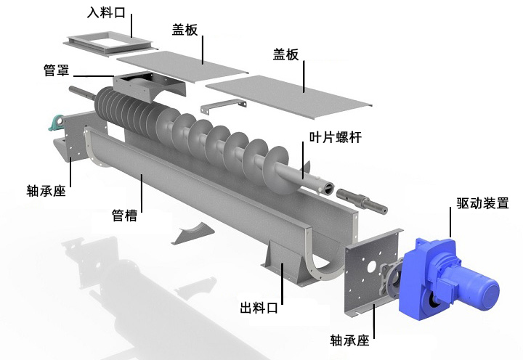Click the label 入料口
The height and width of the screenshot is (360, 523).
click(x=106, y=12)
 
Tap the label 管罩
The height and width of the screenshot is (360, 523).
click(x=57, y=70)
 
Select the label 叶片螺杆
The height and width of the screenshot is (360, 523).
click(x=335, y=137)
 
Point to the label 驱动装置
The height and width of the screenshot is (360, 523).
click(x=482, y=202)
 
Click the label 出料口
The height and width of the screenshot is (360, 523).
click(x=259, y=307)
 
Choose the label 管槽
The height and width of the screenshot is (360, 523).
click(x=124, y=216)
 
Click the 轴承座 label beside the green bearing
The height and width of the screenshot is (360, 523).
click(x=46, y=191)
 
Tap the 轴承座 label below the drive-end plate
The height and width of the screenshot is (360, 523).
click(x=349, y=340)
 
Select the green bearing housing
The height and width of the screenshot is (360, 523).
click(x=56, y=123)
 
